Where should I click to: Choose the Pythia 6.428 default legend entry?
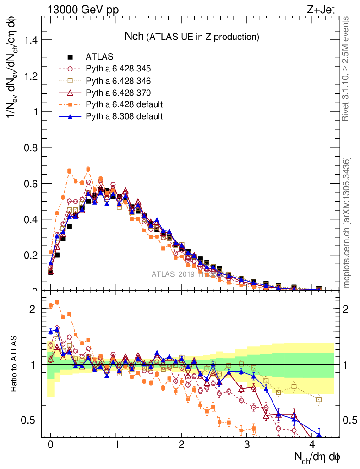(124, 104)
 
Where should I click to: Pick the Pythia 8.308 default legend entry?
(124, 116)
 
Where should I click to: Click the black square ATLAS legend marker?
(70, 57)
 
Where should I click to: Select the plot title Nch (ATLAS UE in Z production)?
(192, 36)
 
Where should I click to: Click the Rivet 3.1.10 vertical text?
(347, 69)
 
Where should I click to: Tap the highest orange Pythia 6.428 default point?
(88, 169)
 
